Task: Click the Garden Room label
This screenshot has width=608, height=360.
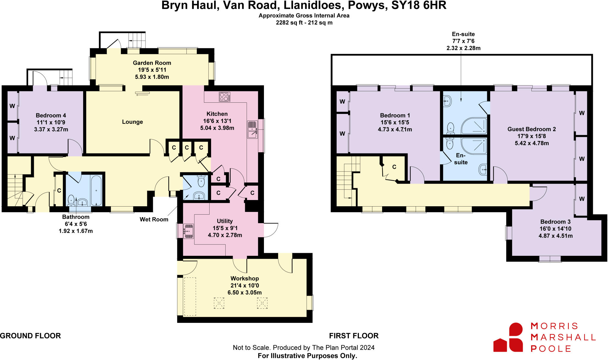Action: coord(152,63)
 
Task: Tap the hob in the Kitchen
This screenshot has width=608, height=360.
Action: coord(224,97)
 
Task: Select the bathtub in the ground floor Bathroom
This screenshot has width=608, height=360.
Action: coord(96,190)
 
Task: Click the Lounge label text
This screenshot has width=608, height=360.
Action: coord(132,122)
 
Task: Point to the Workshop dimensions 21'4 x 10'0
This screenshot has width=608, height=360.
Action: coord(245,286)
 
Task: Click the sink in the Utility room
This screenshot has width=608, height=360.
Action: coord(189,231)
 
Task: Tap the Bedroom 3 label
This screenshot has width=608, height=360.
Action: coord(555,222)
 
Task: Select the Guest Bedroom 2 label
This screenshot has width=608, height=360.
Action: coord(531,129)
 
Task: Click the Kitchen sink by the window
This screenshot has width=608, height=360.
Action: coord(252,129)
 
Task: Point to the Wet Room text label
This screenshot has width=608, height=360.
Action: coord(154,219)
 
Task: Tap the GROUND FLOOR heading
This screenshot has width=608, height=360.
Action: coord(30,336)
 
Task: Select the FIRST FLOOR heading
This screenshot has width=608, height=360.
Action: coord(354,336)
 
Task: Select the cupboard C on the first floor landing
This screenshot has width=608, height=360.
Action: coord(394,167)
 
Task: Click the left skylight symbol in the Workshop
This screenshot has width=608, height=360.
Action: coord(219,303)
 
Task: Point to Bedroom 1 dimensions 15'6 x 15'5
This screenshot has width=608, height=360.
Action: coord(395,122)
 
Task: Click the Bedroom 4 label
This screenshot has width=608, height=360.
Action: coord(51,115)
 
